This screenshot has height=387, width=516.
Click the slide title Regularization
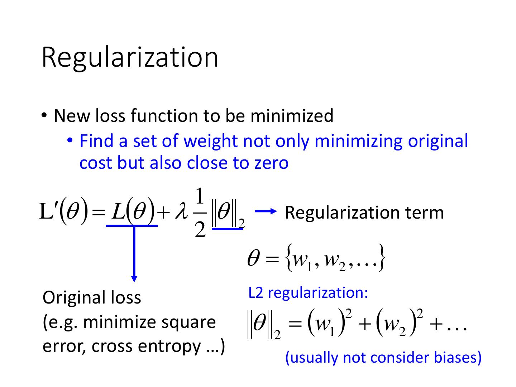click(130, 57)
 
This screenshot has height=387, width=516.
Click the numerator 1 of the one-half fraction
click(200, 198)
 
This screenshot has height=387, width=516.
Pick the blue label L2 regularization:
click(308, 292)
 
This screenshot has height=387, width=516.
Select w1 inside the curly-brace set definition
click(300, 261)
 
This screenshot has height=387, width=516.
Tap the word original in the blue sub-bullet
click(438, 141)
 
